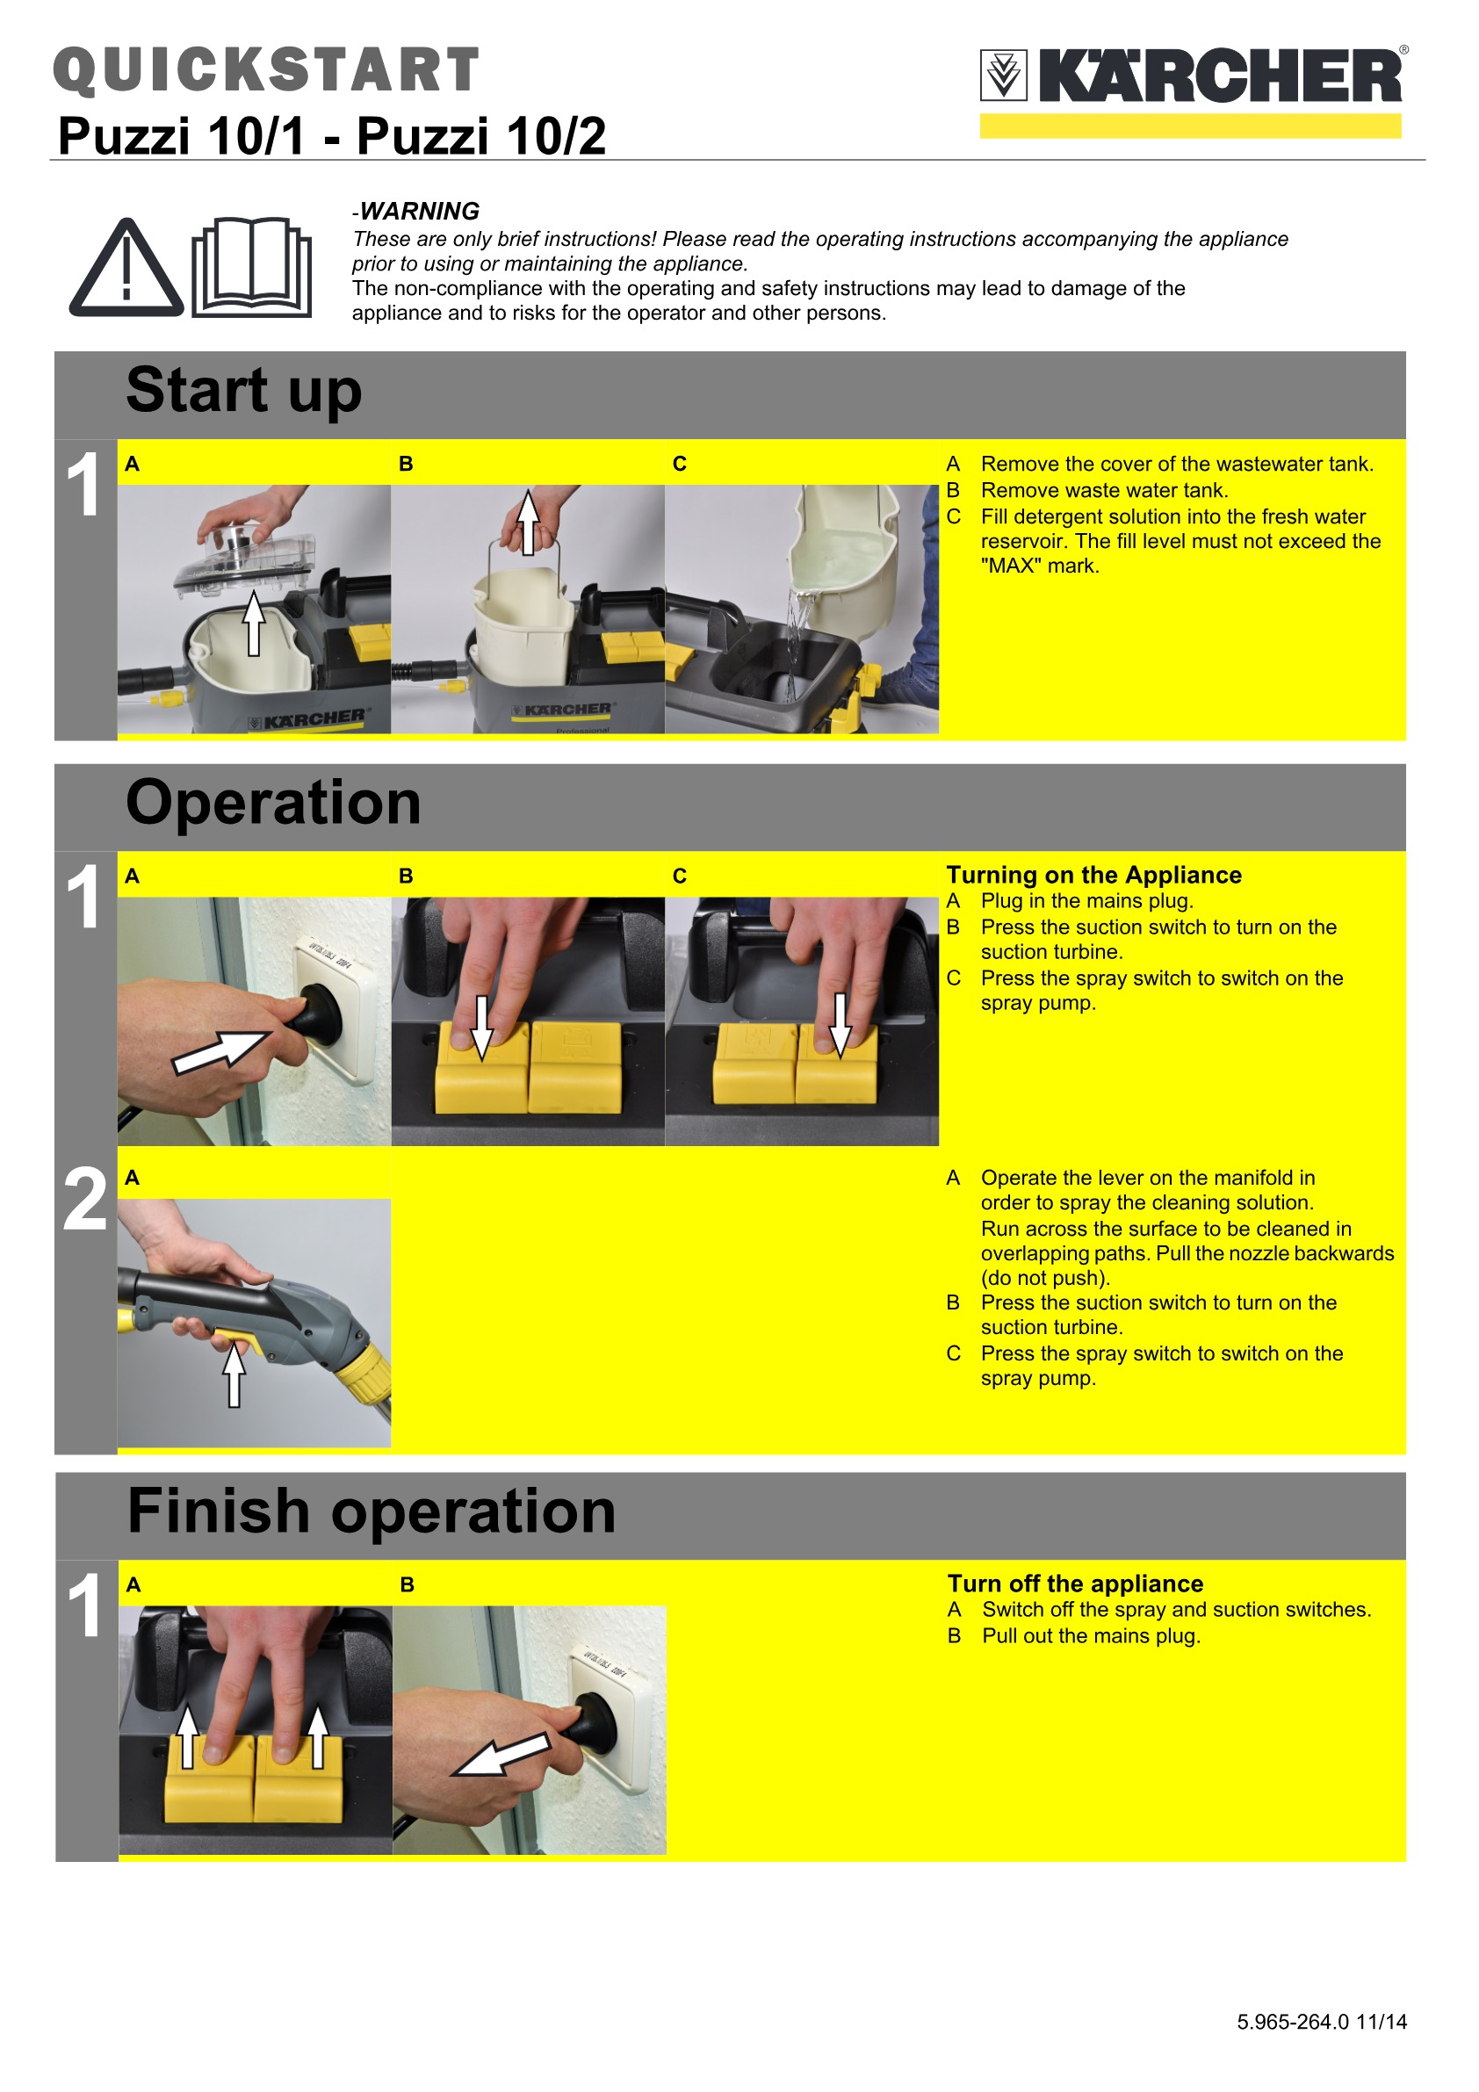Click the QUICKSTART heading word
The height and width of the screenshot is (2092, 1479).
tap(266, 70)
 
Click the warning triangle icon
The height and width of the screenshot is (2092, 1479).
tap(126, 268)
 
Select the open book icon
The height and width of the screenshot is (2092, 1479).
tap(251, 267)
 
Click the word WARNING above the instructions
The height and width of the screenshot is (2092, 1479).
tap(419, 212)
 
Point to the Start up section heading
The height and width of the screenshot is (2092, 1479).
tap(244, 390)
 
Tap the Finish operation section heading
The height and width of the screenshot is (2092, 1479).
tap(372, 1511)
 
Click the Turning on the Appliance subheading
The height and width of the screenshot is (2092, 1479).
tap(1093, 875)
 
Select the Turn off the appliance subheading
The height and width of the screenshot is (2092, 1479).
tap(1075, 1583)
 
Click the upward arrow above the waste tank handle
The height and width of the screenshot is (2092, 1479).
tap(529, 522)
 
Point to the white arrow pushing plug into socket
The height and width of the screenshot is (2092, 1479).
tap(222, 1052)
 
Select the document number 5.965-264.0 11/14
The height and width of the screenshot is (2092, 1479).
tap(1321, 2022)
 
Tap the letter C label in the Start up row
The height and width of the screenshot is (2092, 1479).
tap(680, 464)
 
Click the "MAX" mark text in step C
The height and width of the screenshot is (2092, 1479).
tap(1040, 566)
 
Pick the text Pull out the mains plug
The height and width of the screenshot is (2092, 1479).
tap(1091, 1635)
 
